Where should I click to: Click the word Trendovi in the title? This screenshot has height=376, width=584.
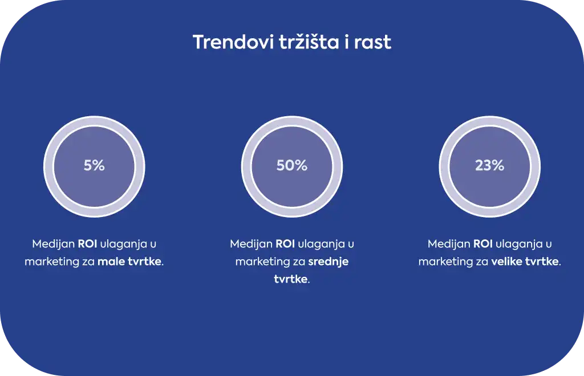pos(233,42)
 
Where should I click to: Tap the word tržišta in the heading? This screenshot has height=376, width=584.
pos(309,42)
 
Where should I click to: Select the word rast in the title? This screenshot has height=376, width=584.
pos(372,42)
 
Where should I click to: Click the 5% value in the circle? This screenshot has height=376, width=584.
pos(94,166)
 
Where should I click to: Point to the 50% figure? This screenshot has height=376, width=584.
pos(292,166)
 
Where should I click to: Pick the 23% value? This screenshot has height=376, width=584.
pos(490,166)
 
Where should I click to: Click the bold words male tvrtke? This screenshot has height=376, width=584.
pos(129,261)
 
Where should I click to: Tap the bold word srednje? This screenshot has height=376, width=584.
pos(328,262)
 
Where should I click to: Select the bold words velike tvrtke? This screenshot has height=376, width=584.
pos(525,261)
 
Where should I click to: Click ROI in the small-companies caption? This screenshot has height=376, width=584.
pos(87,244)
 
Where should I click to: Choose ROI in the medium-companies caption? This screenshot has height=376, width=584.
pos(285,244)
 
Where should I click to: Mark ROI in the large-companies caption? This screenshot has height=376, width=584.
pos(483,244)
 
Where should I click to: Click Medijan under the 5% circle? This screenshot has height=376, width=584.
pos(54,244)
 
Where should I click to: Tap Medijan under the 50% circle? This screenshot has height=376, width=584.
pos(252,244)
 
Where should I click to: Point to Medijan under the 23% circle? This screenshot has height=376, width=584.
pos(449,244)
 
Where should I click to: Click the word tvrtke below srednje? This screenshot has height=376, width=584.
pos(291,279)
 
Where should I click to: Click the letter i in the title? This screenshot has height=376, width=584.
pos(347,42)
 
